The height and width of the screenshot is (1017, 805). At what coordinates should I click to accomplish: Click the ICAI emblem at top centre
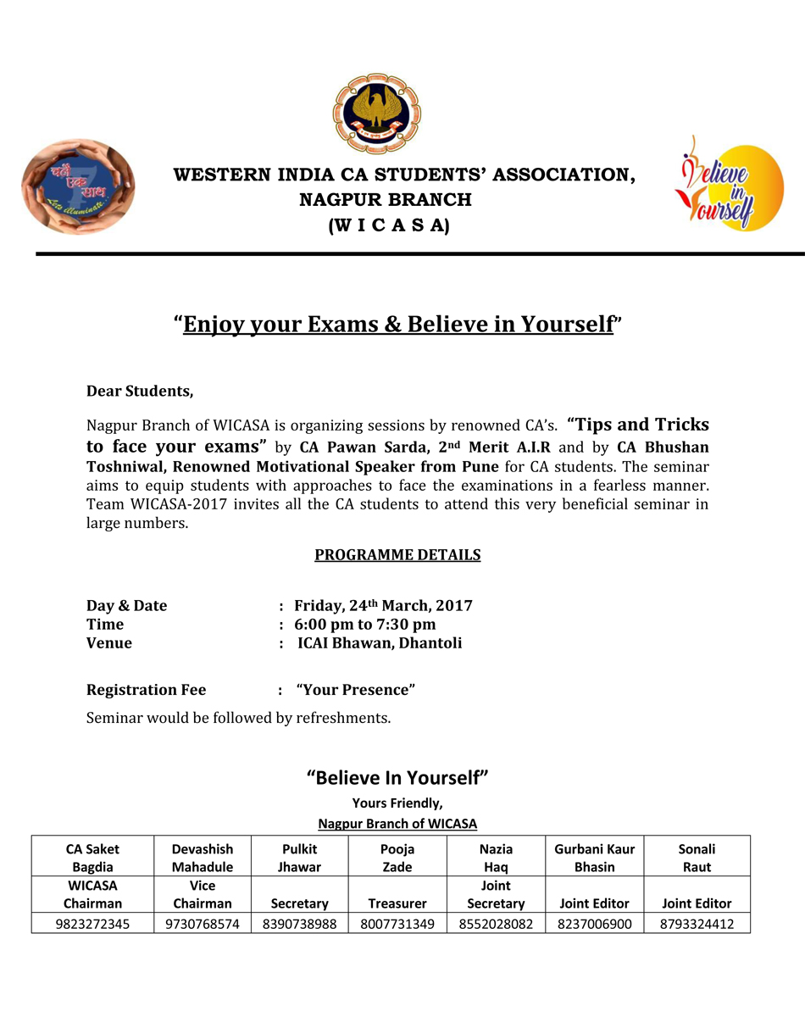click(376, 113)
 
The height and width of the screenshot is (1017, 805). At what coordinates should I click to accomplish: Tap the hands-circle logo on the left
click(78, 187)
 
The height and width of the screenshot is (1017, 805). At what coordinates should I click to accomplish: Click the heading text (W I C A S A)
click(389, 226)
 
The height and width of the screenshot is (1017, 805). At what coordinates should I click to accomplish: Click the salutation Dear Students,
click(140, 392)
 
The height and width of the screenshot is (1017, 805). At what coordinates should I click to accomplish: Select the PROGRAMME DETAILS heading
click(397, 555)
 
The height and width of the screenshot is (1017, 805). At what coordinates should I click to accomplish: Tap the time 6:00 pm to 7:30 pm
click(365, 625)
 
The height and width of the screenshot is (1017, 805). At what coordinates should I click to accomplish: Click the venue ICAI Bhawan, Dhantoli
click(380, 643)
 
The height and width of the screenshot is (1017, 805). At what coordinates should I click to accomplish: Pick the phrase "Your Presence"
click(356, 690)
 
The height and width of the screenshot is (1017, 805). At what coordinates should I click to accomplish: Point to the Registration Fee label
click(146, 690)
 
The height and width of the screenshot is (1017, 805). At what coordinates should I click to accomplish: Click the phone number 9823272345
click(92, 924)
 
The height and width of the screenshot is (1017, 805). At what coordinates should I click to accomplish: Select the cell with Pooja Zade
click(397, 858)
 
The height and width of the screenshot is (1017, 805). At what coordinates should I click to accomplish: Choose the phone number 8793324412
click(697, 924)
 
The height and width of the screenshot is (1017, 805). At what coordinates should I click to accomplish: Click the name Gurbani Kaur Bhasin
click(594, 858)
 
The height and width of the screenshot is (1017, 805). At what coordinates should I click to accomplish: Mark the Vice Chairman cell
click(203, 895)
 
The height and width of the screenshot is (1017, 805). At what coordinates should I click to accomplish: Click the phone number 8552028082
click(496, 924)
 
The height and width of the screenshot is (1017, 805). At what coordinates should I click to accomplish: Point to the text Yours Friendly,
click(397, 803)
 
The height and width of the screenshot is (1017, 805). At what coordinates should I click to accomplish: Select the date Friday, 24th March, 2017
click(383, 606)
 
